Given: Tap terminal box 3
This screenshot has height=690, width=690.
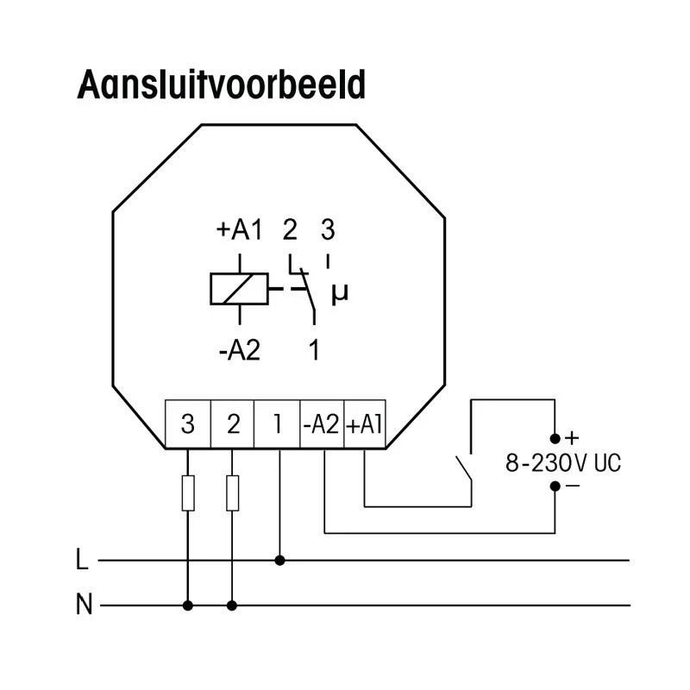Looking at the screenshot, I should coord(187,424).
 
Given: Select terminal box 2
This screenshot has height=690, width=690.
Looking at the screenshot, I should coord(232,424).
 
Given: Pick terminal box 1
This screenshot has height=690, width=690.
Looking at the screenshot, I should coord(277,424).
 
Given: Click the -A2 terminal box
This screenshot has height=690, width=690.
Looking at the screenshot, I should coord(322,424).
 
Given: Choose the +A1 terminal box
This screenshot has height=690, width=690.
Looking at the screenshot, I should coord(365,424).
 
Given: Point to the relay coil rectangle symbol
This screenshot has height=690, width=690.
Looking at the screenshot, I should coord(235,289).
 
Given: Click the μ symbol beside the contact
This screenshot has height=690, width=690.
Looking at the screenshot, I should coord(340,294).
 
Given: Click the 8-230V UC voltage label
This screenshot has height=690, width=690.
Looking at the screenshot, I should coord(562,463).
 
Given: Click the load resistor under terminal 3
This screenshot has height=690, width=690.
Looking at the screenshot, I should coord(188,492).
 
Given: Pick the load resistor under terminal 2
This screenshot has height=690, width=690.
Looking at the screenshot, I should coord(232,492).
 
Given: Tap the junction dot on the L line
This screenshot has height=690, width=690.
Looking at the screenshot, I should coord(279,561).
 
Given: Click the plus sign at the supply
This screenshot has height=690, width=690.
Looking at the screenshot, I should coord(571,439).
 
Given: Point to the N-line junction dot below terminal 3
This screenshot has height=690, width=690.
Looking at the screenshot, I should coord(188,605).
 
